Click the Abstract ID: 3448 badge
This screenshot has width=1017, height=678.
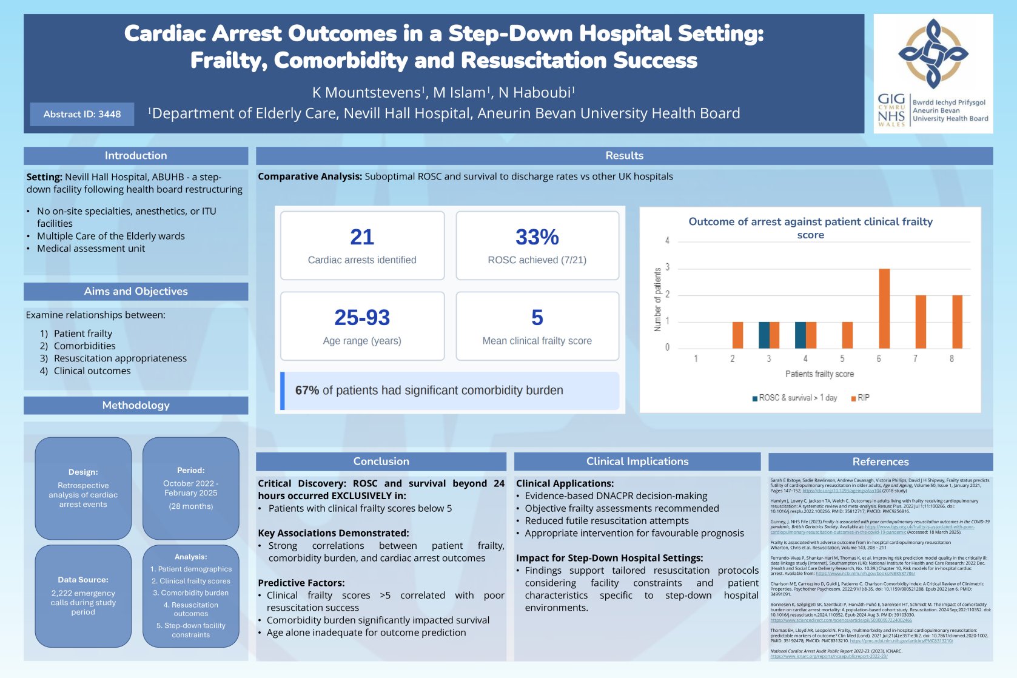pyautogui.click(x=82, y=114)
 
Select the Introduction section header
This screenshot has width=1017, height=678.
pyautogui.click(x=135, y=156)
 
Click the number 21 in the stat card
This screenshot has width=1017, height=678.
pyautogui.click(x=362, y=237)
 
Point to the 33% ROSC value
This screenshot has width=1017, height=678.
pyautogui.click(x=537, y=237)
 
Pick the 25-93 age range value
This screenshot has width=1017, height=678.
pyautogui.click(x=362, y=318)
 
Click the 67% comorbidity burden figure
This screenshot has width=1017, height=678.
pyautogui.click(x=307, y=391)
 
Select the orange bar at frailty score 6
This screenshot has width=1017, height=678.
pyautogui.click(x=884, y=308)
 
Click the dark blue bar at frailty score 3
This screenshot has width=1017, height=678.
pyautogui.click(x=764, y=335)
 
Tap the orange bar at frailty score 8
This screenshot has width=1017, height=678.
pyautogui.click(x=957, y=321)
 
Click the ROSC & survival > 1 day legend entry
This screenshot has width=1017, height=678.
pyautogui.click(x=794, y=398)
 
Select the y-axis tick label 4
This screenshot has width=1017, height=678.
pyautogui.click(x=667, y=241)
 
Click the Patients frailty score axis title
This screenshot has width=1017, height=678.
pyautogui.click(x=819, y=374)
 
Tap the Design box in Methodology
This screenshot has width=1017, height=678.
pyautogui.click(x=83, y=488)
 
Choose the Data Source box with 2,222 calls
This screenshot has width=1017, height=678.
pyautogui.click(x=83, y=596)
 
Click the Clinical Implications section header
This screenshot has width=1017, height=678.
pyautogui.click(x=637, y=462)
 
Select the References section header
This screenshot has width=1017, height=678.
pyautogui.click(x=880, y=462)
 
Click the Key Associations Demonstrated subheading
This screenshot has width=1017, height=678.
pyautogui.click(x=333, y=533)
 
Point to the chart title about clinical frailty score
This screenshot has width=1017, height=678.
pyautogui.click(x=810, y=228)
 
